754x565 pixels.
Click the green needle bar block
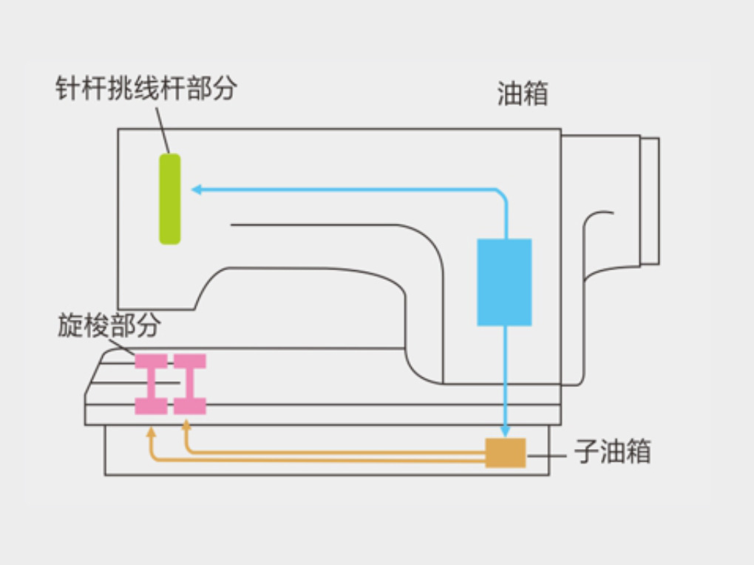170,199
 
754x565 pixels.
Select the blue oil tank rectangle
504,282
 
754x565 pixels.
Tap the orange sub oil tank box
505,453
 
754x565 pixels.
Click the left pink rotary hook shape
151,383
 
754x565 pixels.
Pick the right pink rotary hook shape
189,383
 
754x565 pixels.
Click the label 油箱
523,95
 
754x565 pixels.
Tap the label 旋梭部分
109,326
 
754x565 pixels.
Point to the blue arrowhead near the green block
197,190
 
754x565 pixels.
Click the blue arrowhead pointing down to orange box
505,431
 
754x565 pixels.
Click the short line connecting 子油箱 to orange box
546,453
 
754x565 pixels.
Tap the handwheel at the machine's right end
650,199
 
